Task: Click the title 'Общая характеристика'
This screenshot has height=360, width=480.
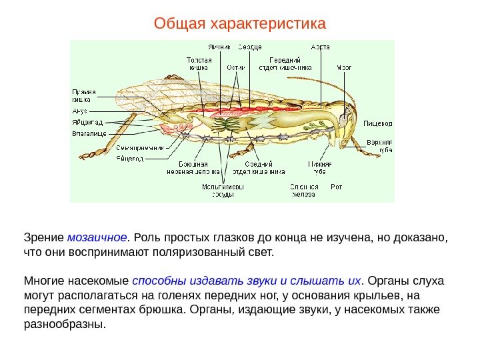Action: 240,25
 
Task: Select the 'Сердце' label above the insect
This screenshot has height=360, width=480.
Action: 251,47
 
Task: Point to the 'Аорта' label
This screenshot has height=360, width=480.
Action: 320,47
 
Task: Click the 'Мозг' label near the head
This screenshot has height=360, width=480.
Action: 344,67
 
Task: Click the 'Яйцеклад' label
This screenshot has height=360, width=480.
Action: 86,123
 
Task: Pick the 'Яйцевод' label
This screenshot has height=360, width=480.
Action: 130,158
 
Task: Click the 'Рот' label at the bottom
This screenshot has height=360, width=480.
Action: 337,187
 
